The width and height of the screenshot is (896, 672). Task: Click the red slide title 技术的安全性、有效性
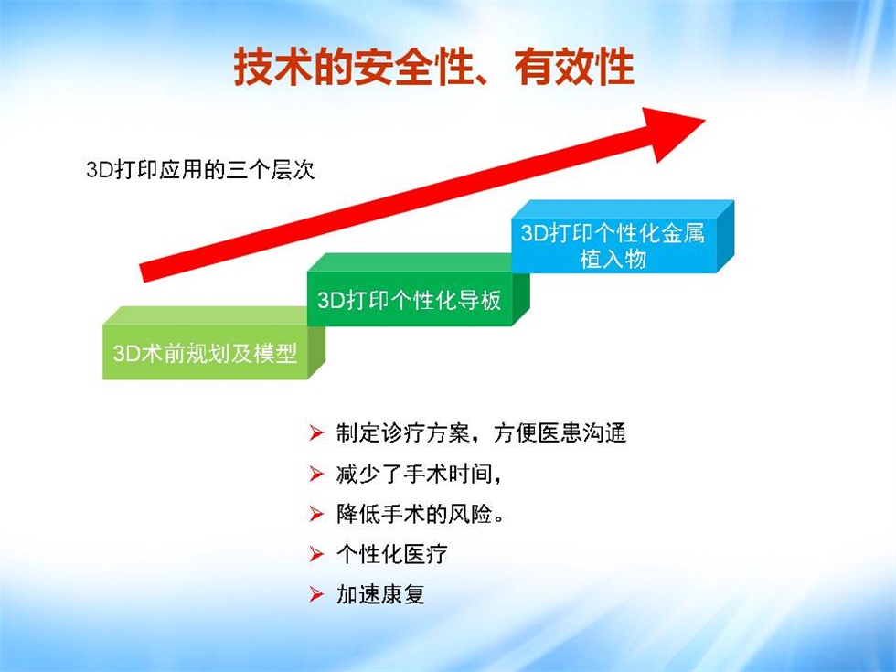pos(433,68)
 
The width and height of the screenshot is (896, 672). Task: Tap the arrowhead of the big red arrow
pos(675,133)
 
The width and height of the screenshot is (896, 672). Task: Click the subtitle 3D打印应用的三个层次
pos(200,170)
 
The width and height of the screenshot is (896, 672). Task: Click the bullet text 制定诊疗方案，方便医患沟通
pos(481,432)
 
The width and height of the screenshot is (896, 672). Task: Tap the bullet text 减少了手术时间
pos(419,474)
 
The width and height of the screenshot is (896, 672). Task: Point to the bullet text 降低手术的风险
pos(420,514)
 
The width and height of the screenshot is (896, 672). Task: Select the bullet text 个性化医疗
pos(391,554)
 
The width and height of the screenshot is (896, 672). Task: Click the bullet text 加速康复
pos(380,594)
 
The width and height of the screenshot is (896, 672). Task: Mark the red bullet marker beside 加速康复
pos(316,594)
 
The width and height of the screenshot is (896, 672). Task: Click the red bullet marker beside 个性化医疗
pos(316,554)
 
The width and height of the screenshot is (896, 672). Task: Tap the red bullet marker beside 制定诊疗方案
pos(316,433)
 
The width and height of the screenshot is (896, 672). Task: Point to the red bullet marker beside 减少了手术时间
pos(316,474)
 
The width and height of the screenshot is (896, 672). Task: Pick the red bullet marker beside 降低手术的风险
pos(316,514)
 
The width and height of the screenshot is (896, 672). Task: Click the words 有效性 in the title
pos(574,68)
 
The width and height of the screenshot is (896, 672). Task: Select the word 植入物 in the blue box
pos(613,259)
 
